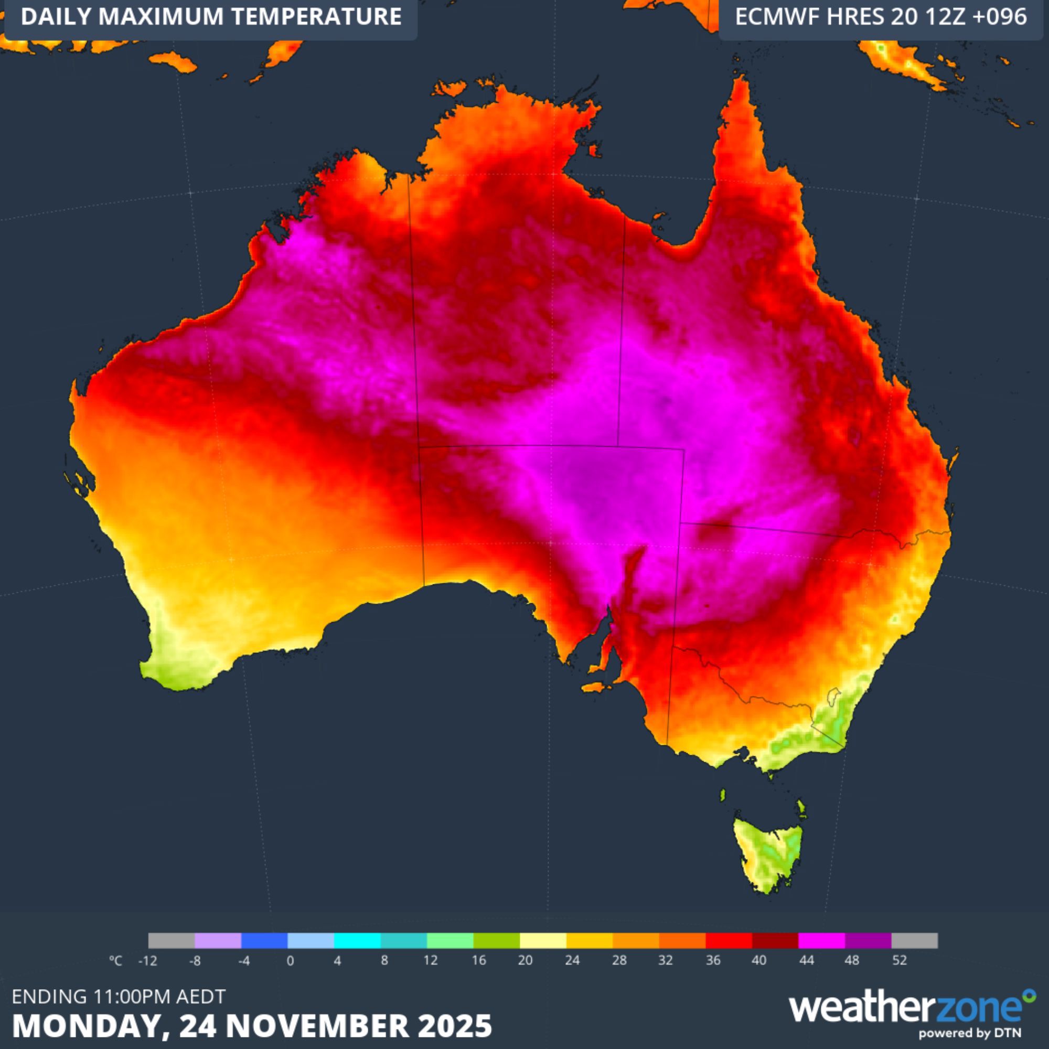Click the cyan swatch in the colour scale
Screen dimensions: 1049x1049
pos(357,940)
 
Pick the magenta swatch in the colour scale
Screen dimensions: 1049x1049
pos(821,940)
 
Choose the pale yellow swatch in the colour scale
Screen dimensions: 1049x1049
pos(543,940)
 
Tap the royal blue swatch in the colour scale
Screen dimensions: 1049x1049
pos(264,940)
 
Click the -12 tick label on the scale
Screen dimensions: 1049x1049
pos(147,960)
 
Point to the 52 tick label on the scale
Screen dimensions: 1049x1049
pos(899,960)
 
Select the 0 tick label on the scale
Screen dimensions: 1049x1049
pos(291,960)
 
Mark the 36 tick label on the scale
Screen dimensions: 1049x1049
pos(713,960)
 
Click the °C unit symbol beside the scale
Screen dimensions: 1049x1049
pos(115,960)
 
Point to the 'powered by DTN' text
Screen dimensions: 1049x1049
pos(970,1033)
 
